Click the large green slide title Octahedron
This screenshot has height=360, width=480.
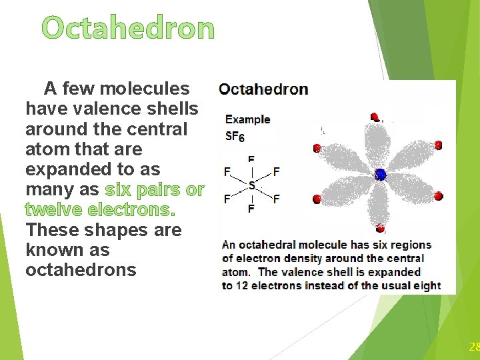pyautogui.click(x=128, y=29)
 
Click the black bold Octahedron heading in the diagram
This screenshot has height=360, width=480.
pyautogui.click(x=263, y=89)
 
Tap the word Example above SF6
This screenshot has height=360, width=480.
pyautogui.click(x=247, y=120)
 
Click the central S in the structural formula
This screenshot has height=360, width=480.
pyautogui.click(x=251, y=184)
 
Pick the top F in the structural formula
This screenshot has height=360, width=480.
pyautogui.click(x=251, y=160)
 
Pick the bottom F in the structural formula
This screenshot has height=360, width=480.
pyautogui.click(x=251, y=209)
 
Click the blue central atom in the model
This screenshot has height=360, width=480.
pyautogui.click(x=380, y=175)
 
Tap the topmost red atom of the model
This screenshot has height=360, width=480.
pyautogui.click(x=375, y=117)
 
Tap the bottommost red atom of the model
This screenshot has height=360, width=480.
pyautogui.click(x=379, y=227)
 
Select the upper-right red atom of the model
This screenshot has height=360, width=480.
pyautogui.click(x=438, y=145)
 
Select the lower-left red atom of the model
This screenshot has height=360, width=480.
pyautogui.click(x=317, y=199)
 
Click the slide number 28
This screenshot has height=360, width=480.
pyautogui.click(x=474, y=347)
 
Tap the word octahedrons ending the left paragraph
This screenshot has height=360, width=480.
pyautogui.click(x=81, y=270)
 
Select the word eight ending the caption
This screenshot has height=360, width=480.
pyautogui.click(x=426, y=286)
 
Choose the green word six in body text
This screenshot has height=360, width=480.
pyautogui.click(x=117, y=190)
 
